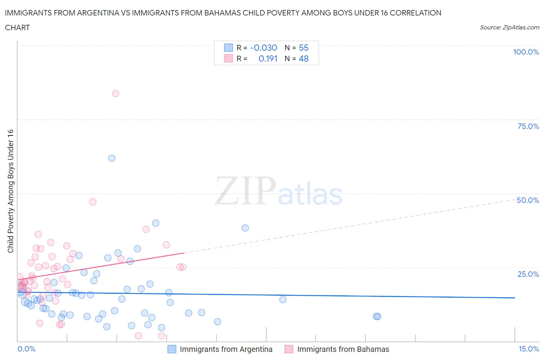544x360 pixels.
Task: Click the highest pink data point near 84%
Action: pos(115,93)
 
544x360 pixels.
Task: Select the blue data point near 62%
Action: pos(111,158)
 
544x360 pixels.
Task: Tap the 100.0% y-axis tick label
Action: pos(526,52)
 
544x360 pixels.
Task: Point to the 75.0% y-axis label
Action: pos(528,126)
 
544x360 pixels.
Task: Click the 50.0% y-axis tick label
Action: pos(528,200)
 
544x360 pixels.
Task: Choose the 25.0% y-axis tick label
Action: pos(528,274)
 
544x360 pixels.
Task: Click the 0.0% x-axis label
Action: pos(26,349)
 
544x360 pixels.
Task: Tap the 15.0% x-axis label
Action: pos(529,349)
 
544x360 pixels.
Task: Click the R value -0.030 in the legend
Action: pos(263,48)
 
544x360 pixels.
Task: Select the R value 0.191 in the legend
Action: pos(268,58)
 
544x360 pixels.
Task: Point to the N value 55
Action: pos(304,48)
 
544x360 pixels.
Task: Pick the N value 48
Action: pos(304,58)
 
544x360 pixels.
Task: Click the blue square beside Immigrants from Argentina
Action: pos(171,349)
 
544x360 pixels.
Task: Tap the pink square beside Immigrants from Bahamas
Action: pos(289,349)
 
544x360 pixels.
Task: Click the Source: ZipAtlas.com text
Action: pos(509,27)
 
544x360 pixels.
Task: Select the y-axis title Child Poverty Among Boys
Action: pos(10,191)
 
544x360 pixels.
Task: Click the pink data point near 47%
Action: pos(92,202)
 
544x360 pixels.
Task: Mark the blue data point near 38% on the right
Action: pos(245,228)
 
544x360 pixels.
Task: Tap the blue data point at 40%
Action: pos(156,223)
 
